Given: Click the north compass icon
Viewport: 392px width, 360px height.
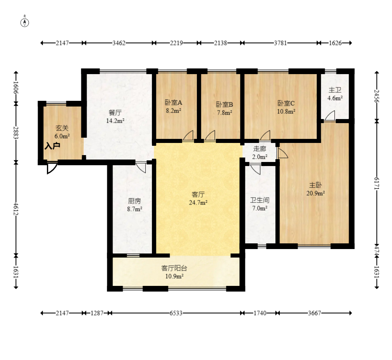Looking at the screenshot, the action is pyautogui.click(x=24, y=23).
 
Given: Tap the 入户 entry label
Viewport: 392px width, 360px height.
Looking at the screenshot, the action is pyautogui.click(x=53, y=146).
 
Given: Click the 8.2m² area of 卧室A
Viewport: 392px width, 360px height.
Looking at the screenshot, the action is pyautogui.click(x=173, y=111).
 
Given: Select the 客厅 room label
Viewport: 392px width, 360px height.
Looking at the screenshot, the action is pyautogui.click(x=198, y=194).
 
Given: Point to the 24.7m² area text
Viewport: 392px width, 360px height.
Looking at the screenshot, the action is pyautogui.click(x=198, y=202).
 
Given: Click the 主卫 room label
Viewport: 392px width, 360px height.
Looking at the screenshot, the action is pyautogui.click(x=335, y=90).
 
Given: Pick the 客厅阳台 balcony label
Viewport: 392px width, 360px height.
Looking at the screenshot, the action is pyautogui.click(x=174, y=268).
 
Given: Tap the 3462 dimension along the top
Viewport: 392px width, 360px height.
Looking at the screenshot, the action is pyautogui.click(x=119, y=43).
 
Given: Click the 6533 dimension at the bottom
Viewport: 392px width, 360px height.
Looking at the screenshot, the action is pyautogui.click(x=176, y=313).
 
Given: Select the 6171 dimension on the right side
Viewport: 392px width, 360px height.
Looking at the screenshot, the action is pyautogui.click(x=377, y=183).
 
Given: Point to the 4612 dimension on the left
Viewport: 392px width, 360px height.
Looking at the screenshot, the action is pyautogui.click(x=16, y=209).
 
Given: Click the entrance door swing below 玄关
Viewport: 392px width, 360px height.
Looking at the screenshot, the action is pyautogui.click(x=52, y=168).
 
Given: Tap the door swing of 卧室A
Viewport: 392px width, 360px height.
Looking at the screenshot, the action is pyautogui.click(x=188, y=135).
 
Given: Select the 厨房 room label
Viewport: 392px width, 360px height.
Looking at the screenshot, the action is pyautogui.click(x=134, y=201).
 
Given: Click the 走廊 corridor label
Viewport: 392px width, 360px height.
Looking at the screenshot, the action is pyautogui.click(x=260, y=149).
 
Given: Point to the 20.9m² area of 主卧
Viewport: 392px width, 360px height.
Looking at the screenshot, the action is pyautogui.click(x=315, y=193).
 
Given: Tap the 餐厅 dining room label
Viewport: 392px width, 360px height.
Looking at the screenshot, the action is pyautogui.click(x=115, y=113).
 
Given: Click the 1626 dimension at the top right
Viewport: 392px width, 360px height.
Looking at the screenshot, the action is pyautogui.click(x=335, y=43).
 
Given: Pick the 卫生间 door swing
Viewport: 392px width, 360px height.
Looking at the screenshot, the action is pyautogui.click(x=255, y=169).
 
